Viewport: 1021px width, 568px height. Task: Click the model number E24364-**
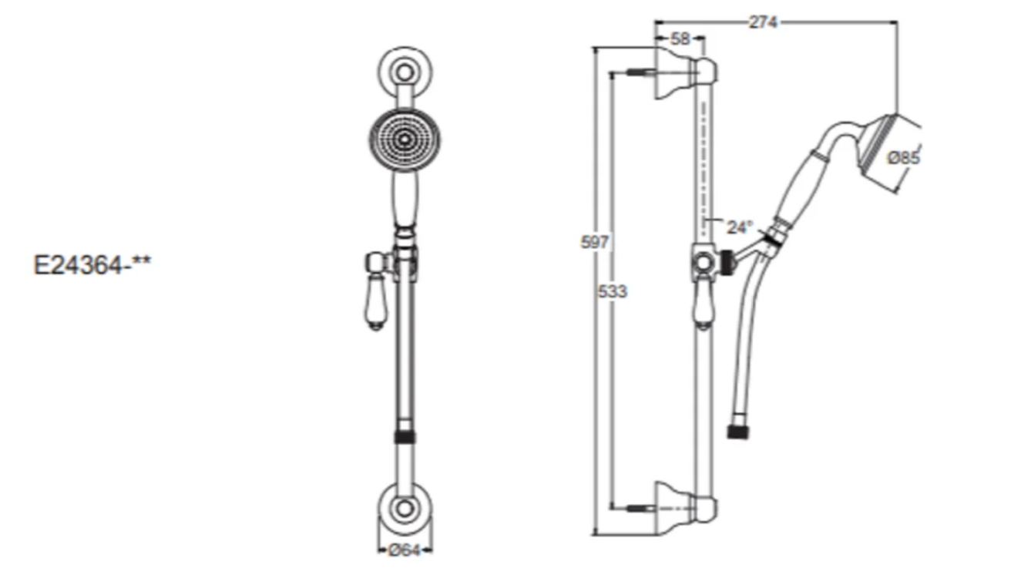[x=92, y=264]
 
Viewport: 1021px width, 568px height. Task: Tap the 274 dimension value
[x=763, y=22]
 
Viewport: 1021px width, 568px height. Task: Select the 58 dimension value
[x=680, y=39]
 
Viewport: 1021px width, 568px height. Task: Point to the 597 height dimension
[x=595, y=242]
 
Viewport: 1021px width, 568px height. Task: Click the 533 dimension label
[x=613, y=291]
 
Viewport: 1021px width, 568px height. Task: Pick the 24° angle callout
[x=739, y=227]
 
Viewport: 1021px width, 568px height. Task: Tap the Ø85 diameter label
[x=903, y=158]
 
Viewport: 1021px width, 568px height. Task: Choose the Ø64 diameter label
[x=404, y=550]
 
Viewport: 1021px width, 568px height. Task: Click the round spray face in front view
[x=405, y=139]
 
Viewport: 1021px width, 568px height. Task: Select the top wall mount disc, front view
[x=405, y=72]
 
